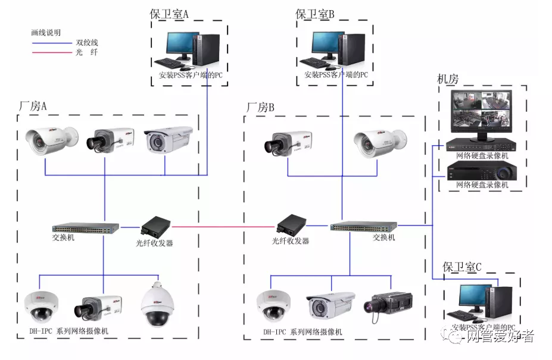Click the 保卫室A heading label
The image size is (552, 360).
[169, 14]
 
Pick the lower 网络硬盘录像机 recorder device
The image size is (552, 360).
[482, 171]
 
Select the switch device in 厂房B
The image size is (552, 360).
[364, 227]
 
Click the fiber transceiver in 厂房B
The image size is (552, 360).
[291, 225]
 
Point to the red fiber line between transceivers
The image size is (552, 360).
[223, 227]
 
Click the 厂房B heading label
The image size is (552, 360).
[260, 107]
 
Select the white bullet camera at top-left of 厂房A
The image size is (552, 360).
[51, 139]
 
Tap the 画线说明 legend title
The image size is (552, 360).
[46, 33]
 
